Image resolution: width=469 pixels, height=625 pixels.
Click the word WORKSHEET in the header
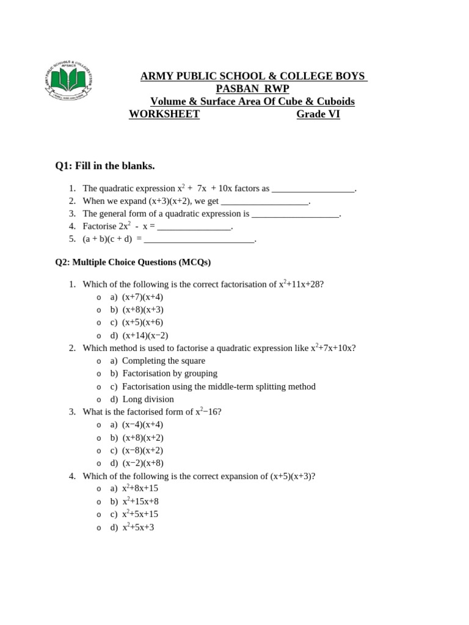164,114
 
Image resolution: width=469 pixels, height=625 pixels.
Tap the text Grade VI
318,114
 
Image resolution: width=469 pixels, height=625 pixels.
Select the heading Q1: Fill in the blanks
104,165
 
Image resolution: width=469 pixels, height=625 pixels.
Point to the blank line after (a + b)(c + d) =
199,240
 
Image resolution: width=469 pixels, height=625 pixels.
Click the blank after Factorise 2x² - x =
195,227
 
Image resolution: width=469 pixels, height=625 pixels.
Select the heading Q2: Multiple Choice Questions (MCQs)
133,262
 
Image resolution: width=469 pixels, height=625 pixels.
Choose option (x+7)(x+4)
142,297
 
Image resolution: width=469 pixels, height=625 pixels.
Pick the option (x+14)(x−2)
145,335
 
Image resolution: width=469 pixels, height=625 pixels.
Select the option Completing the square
163,361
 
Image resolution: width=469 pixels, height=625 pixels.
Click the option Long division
148,399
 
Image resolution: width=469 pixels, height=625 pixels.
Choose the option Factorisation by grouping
169,374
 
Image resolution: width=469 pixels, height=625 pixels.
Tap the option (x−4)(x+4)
142,425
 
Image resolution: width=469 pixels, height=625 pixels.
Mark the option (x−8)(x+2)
142,450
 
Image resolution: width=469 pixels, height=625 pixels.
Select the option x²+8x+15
140,488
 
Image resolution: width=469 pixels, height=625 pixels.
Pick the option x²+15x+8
140,502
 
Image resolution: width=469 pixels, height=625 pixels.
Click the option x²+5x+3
138,527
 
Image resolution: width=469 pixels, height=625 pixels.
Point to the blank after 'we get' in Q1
265,201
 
